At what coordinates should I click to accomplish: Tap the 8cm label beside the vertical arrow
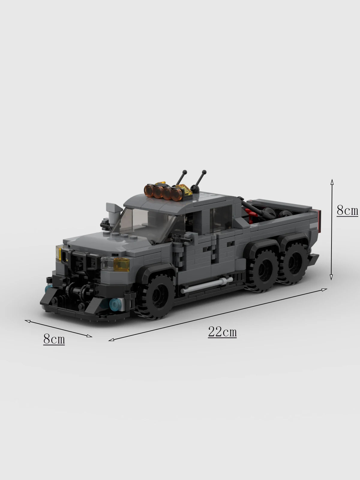coord(347,211)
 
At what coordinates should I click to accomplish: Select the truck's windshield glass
coord(147,222)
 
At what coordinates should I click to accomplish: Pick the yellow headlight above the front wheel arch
coord(121,264)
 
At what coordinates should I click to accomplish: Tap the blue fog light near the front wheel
coord(115,303)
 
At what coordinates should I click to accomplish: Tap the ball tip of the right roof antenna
coord(205,172)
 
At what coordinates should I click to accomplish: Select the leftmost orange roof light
coord(149,189)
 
